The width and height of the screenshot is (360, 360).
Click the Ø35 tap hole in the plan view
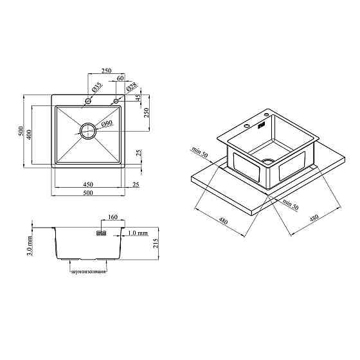pos(88,101)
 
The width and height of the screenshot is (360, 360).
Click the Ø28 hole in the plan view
pos(116,101)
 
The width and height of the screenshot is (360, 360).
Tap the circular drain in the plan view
pos(87,131)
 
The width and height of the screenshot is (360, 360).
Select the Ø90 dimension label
pos(107,123)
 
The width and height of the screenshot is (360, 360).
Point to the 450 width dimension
pos(88,184)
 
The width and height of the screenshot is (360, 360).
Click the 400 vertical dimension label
pos(28,135)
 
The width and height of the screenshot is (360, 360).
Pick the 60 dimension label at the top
pos(120,78)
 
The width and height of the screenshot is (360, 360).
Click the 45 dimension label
pos(138,98)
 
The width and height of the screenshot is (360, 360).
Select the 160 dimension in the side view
pos(113,217)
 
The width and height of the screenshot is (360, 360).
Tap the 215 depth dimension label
pos(156,243)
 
